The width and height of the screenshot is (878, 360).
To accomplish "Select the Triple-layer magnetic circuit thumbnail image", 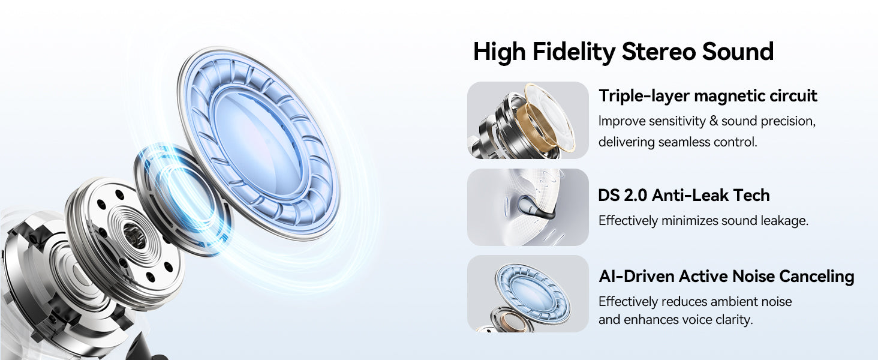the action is [528, 120].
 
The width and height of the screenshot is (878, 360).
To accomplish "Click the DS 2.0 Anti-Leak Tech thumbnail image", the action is [528, 207].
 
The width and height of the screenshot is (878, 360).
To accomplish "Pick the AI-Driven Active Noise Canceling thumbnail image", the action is [528, 294].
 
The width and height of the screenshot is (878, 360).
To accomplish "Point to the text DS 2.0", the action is [623, 195].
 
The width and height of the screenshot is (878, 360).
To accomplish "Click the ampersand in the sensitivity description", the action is [714, 121].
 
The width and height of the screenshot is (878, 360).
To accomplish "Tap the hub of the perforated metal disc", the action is [134, 235].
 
